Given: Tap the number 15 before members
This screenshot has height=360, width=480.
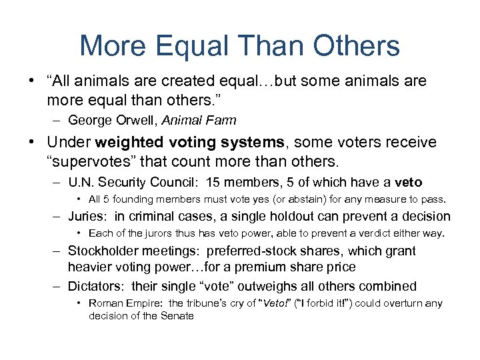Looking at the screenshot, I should point(213,183).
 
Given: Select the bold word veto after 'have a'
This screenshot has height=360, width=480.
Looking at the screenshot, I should point(408,183).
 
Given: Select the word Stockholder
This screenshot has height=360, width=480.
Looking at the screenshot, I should point(104,251).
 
